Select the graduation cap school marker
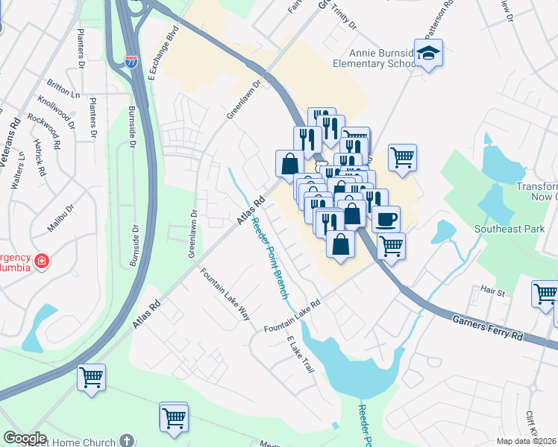(429, 54)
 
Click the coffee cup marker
(386, 219)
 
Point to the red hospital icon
(42, 261)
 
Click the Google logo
(25, 438)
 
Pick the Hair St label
(493, 291)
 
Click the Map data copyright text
(526, 440)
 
